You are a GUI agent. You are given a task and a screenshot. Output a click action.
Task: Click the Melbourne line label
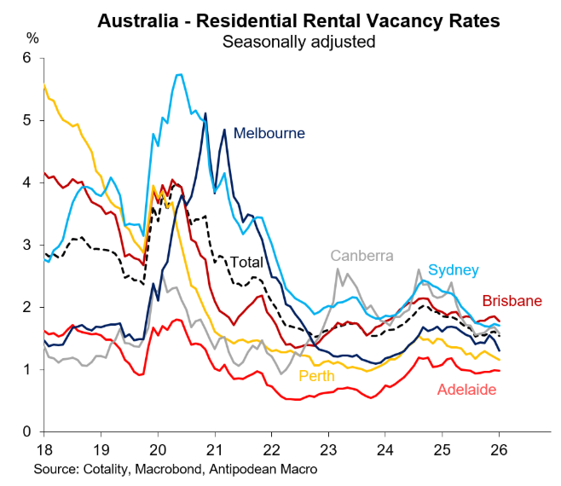269,133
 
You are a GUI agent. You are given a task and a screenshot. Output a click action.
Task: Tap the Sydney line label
453,269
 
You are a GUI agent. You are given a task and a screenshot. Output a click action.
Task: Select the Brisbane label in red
512,300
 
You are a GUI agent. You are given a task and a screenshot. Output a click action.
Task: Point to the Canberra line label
361,255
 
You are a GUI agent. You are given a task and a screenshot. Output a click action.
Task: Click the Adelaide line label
467,390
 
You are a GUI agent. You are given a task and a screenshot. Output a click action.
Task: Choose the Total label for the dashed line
246,263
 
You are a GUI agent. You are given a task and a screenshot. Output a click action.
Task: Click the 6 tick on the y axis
27,58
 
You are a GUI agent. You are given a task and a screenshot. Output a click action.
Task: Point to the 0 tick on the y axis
27,431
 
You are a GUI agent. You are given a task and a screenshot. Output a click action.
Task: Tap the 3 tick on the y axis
27,245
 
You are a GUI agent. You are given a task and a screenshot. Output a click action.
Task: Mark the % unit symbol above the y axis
32,38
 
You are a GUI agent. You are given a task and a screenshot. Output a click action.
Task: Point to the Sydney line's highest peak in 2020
180,74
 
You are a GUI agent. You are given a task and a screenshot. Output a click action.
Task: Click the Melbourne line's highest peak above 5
205,113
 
